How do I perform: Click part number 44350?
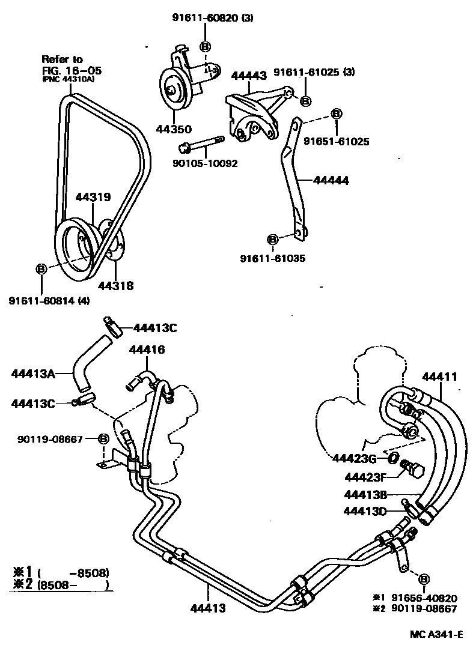pos(174,129)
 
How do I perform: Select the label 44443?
pos(249,76)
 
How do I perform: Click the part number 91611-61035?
pos(273,259)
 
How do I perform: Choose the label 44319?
pos(93,196)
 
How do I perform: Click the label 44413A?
pos(33,374)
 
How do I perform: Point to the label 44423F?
pos(365,477)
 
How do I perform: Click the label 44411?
pos(439,377)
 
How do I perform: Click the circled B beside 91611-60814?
pos(41,268)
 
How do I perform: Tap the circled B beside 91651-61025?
pos(336,114)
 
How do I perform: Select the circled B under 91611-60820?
pos(205,46)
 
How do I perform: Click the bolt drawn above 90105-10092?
pos(201,145)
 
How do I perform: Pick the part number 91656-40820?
pos(424,598)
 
